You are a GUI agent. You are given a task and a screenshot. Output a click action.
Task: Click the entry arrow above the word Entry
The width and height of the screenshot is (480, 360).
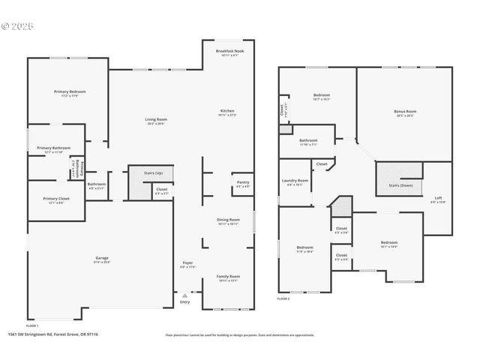tap(184, 295)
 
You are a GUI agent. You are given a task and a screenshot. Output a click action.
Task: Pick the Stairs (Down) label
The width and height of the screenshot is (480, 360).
tap(400, 185)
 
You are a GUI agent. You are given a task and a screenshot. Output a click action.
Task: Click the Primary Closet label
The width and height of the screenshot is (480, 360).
tap(55, 200)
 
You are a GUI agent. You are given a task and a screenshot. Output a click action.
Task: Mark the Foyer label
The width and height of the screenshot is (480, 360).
tap(187, 265)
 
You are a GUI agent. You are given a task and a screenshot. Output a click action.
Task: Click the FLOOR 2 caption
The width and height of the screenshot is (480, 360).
tap(283, 299)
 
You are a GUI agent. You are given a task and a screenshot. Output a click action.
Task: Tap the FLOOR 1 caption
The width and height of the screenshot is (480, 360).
tap(32, 326)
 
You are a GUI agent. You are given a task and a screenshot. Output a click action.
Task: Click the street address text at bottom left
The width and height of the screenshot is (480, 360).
tap(52, 334)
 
